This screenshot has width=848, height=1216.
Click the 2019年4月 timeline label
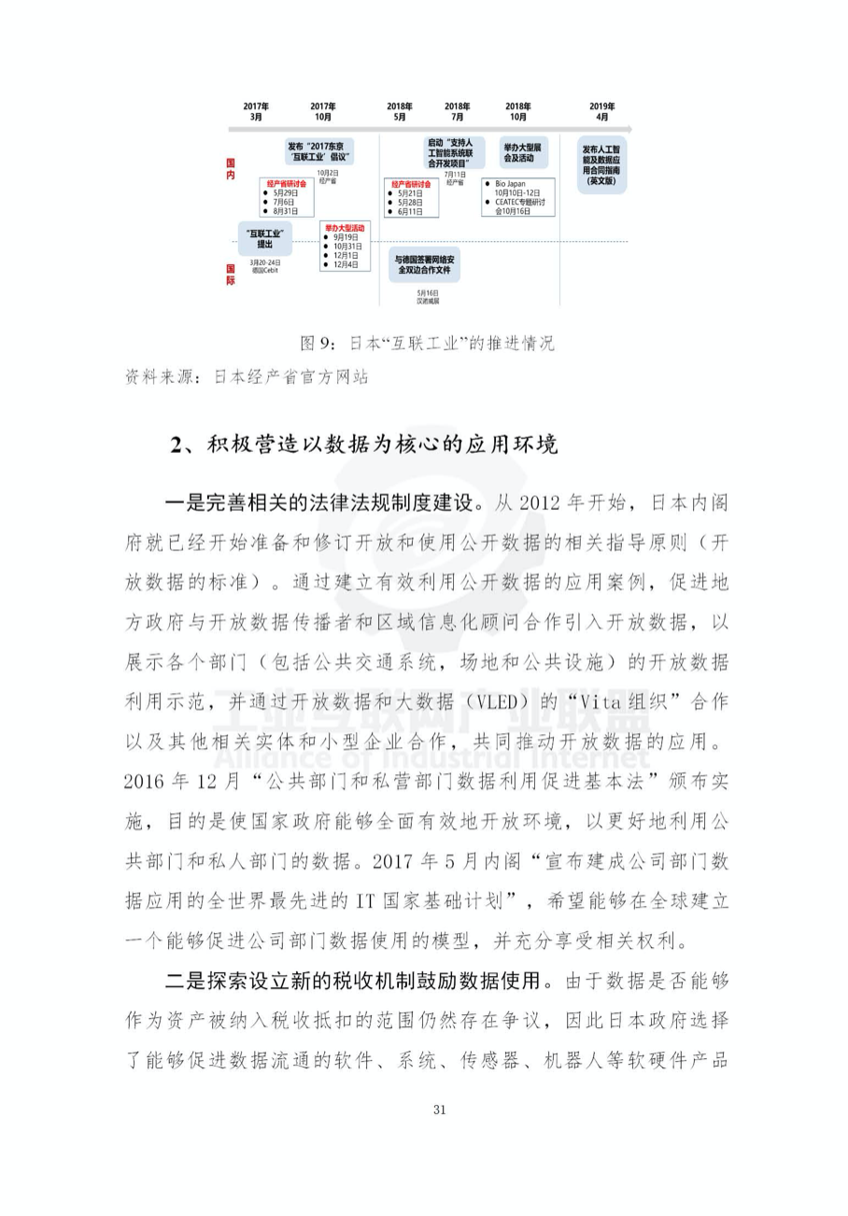coord(602,112)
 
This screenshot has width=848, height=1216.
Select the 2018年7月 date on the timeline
coord(458,112)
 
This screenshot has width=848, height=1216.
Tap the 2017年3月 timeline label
coord(256,112)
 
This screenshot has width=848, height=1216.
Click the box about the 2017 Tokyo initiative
coord(320,151)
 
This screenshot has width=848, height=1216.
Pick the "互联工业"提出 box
coord(265,238)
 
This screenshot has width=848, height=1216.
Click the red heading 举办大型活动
coord(344,228)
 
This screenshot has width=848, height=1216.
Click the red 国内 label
coord(231,168)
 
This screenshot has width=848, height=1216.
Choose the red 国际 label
coord(231,274)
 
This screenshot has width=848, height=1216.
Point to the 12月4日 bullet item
coord(345,264)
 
